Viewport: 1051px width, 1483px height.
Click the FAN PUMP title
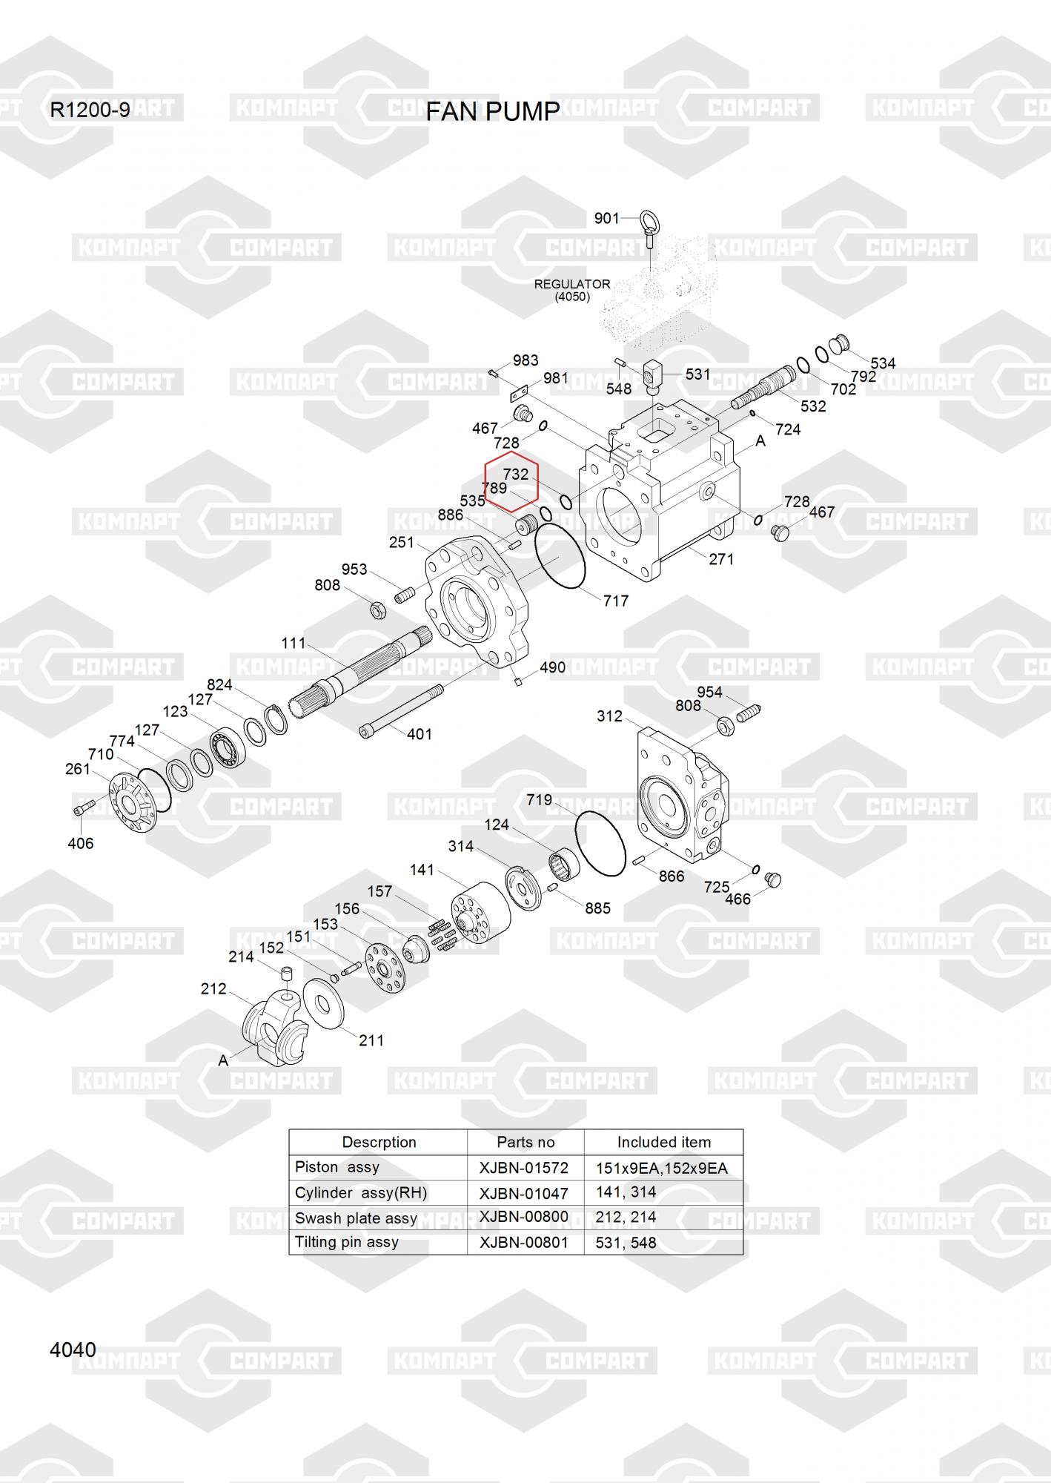coord(493,111)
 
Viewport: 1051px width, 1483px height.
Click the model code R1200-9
coord(90,110)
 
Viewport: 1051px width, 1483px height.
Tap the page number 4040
coord(73,1350)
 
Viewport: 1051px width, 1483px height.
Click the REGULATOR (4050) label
coord(572,290)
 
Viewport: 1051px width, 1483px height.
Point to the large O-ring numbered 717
coord(560,556)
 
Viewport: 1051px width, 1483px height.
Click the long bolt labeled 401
coord(401,710)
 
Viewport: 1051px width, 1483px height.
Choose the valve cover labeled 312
coord(682,793)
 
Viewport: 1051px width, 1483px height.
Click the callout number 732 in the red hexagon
coord(516,474)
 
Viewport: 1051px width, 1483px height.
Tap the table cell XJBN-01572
coord(524,1168)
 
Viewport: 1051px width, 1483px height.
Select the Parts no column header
coord(525,1142)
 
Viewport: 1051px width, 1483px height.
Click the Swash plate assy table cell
coord(356,1218)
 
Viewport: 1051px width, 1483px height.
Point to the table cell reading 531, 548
coord(626,1243)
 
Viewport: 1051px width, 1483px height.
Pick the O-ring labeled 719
coord(600,843)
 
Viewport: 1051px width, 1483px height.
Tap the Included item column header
coord(664,1142)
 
